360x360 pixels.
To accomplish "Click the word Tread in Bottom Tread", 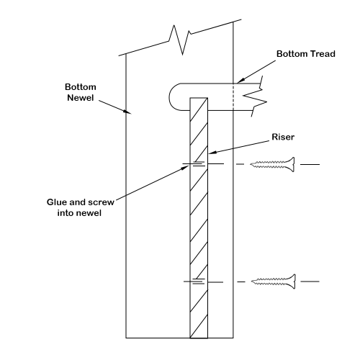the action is [x=323, y=54].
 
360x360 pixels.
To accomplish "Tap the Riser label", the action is [x=283, y=137].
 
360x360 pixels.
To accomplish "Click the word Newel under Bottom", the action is [x=81, y=98].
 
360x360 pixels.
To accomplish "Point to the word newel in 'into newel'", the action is [x=89, y=213].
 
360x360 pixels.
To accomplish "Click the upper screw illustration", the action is [x=272, y=164].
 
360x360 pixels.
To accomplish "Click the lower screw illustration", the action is [x=273, y=282].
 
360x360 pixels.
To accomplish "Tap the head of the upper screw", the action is [x=292, y=164].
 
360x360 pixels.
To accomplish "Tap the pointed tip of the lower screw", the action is [x=252, y=282].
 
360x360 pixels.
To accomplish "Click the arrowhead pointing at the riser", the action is [x=211, y=153].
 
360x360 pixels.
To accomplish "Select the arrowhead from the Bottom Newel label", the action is [x=127, y=112].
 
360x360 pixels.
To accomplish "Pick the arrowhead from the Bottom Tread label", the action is [x=240, y=81].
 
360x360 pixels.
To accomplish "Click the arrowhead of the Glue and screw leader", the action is [x=186, y=167].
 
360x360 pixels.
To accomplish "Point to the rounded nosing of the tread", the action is [x=169, y=97].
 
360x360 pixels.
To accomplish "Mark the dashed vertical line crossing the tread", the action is [x=233, y=97].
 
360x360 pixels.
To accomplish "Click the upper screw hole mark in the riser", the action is [x=199, y=164].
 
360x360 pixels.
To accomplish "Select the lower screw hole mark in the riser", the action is [x=199, y=282].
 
